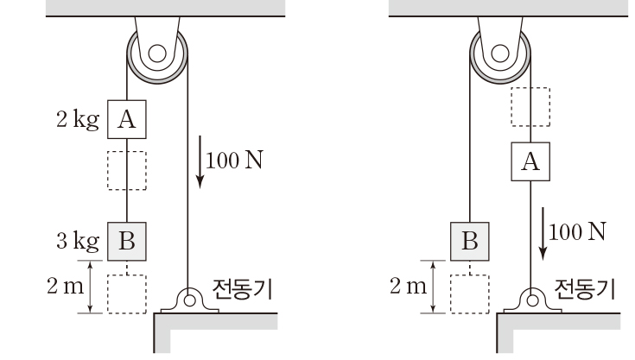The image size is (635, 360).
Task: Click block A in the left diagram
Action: coord(127,119)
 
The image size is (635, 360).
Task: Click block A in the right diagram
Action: coord(530,161)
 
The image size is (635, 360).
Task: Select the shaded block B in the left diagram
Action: coord(127,241)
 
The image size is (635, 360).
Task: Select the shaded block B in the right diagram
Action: coord(470,241)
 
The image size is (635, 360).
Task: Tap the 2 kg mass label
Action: coord(78,120)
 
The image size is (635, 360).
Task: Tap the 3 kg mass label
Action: coord(78,241)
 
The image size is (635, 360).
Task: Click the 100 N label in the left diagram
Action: coord(234,161)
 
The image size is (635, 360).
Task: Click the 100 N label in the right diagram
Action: coord(577,231)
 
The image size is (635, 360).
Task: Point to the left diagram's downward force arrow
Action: coord(200,161)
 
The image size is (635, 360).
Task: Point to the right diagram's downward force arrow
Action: coord(543,233)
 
